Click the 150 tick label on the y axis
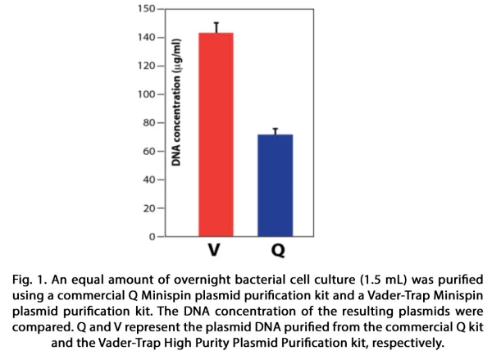(146, 9)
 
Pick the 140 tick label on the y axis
(146, 38)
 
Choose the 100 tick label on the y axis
(146, 94)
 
